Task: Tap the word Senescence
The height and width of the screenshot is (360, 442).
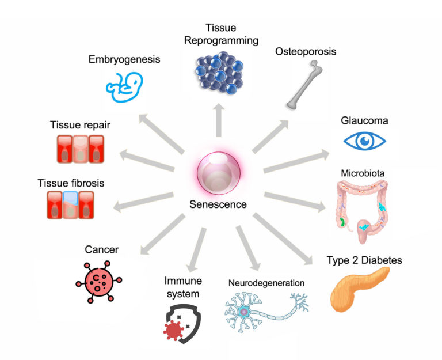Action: [218, 204]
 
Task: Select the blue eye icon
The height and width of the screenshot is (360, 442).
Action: [364, 141]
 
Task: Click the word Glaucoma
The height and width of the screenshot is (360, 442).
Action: [364, 121]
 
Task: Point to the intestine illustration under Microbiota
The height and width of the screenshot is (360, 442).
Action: [363, 204]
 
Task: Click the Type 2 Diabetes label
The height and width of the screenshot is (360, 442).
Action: [364, 261]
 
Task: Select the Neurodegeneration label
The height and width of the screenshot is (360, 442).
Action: [266, 283]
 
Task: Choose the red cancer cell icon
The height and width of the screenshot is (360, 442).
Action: [98, 281]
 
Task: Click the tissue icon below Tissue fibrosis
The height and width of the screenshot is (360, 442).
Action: [70, 204]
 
